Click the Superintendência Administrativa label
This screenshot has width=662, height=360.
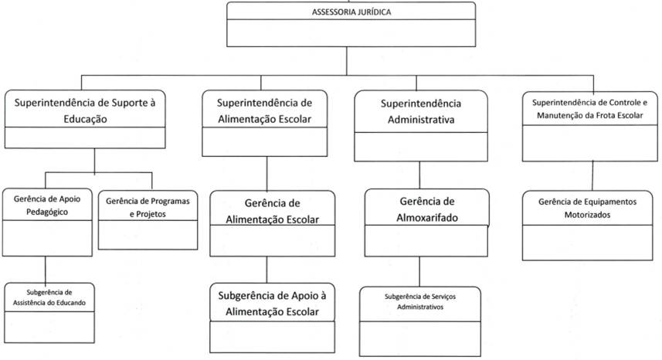pos(421,111)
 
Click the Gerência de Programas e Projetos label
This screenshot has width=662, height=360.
pos(148,207)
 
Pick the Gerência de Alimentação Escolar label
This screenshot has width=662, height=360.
pos(271,210)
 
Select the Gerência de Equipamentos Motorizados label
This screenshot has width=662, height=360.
pos(588,208)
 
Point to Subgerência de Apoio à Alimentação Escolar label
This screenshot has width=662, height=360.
pos(271,303)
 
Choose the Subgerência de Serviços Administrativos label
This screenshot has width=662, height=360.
pos(419,301)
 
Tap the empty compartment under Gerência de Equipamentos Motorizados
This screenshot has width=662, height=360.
pos(588,236)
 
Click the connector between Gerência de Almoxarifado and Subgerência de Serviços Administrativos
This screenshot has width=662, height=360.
pos(419,271)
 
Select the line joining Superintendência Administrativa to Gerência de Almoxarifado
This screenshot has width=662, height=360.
pos(419,173)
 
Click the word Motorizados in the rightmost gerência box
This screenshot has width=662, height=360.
pos(588,215)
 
